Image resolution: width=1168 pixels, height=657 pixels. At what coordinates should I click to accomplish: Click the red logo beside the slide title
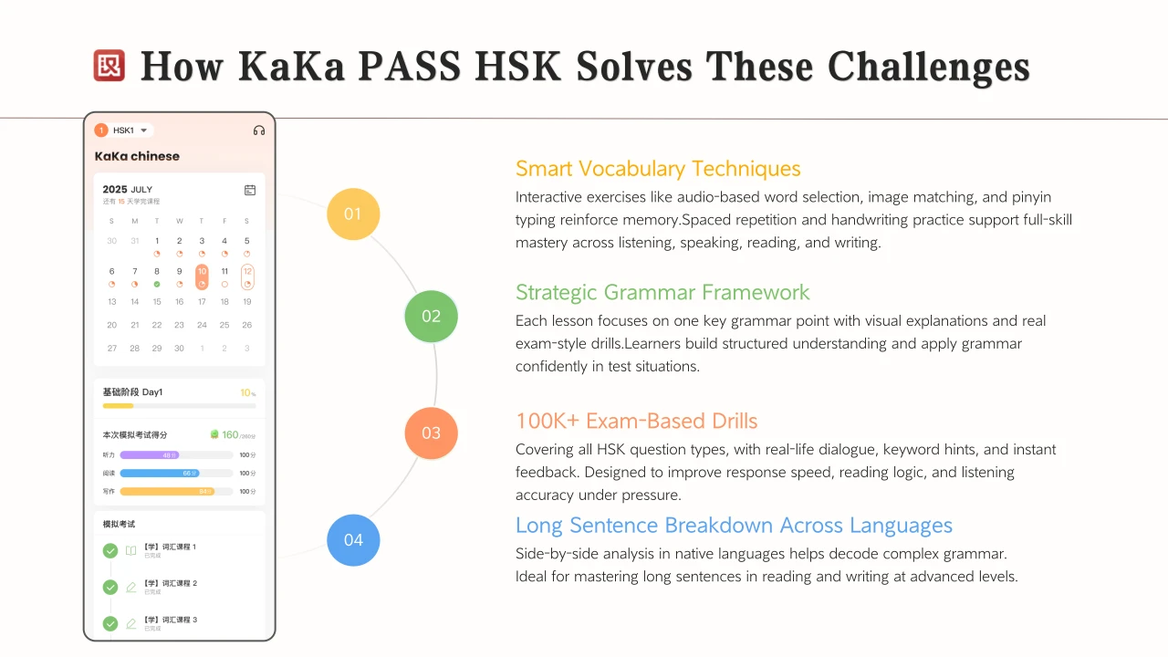(x=109, y=66)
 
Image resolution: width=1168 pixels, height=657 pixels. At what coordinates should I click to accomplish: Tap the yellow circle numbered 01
(x=353, y=214)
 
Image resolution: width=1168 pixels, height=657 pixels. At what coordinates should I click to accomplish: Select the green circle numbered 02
(x=431, y=317)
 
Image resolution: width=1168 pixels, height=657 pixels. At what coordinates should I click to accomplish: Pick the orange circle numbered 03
(x=431, y=433)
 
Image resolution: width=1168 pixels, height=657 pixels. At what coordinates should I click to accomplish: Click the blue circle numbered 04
(x=353, y=540)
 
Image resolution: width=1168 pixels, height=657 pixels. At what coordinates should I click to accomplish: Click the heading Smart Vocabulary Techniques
(x=658, y=169)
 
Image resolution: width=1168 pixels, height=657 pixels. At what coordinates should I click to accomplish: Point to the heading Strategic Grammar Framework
(x=662, y=293)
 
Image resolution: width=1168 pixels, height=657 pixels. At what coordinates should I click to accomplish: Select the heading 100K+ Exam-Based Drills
(x=636, y=422)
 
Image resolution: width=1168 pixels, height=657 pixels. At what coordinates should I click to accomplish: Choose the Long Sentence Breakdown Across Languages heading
(x=734, y=526)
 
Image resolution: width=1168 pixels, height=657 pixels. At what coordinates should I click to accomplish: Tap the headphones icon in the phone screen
(x=259, y=130)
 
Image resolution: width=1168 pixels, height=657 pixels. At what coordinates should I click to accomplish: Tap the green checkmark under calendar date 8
(x=157, y=284)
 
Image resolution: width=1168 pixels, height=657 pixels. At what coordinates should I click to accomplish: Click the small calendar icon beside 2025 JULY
(x=250, y=190)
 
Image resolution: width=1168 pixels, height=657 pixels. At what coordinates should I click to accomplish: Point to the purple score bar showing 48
(x=150, y=454)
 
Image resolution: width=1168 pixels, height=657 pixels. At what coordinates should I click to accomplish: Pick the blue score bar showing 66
(x=160, y=473)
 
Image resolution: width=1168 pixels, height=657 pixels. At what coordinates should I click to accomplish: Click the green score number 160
(x=230, y=434)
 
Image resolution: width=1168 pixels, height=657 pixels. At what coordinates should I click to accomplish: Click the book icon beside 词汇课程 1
(x=131, y=550)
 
